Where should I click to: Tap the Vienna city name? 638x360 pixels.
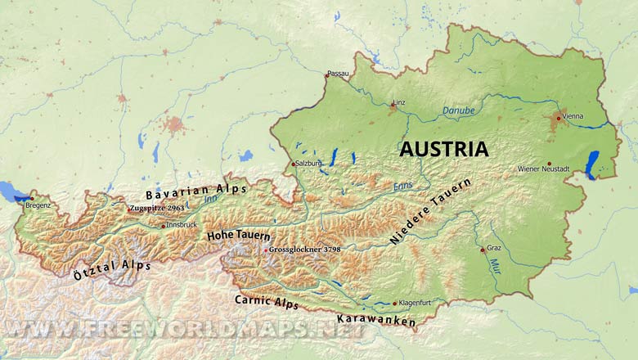click(x=573, y=116)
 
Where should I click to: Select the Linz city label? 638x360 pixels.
click(x=399, y=102)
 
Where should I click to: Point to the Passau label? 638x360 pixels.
click(x=338, y=74)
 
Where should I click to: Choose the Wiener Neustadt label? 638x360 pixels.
click(x=545, y=169)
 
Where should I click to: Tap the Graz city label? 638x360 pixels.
click(x=494, y=247)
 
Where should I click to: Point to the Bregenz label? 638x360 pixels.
click(x=38, y=205)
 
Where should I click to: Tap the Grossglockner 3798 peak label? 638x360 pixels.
click(x=305, y=249)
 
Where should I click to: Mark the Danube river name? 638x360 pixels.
click(x=457, y=109)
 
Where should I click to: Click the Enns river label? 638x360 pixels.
click(x=402, y=187)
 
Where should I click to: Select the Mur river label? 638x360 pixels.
click(x=495, y=265)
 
